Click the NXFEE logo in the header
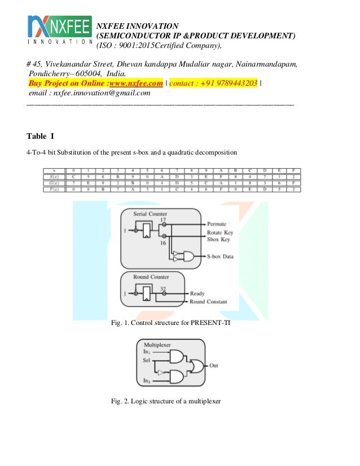click(x=59, y=29)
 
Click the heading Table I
click(x=40, y=136)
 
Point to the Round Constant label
click(x=209, y=302)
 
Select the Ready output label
click(x=197, y=293)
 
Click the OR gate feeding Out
click(x=197, y=366)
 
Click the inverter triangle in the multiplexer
click(x=161, y=372)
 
